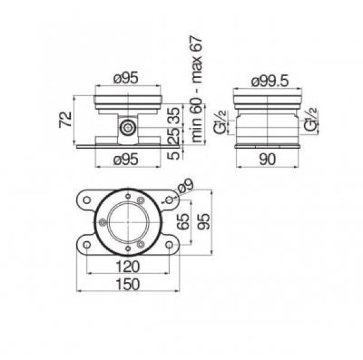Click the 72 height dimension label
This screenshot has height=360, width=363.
[x=65, y=119]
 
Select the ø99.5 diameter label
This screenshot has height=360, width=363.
[x=270, y=81]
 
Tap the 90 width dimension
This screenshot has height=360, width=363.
[x=268, y=159]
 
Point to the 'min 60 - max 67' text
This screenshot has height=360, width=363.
[x=197, y=89]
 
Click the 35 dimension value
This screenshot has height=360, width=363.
[x=173, y=116]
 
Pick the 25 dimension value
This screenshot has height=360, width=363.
[x=173, y=136]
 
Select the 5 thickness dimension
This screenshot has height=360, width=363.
[x=173, y=155]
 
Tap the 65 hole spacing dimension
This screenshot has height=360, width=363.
[x=184, y=222]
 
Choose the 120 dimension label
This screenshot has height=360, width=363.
[x=128, y=266]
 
